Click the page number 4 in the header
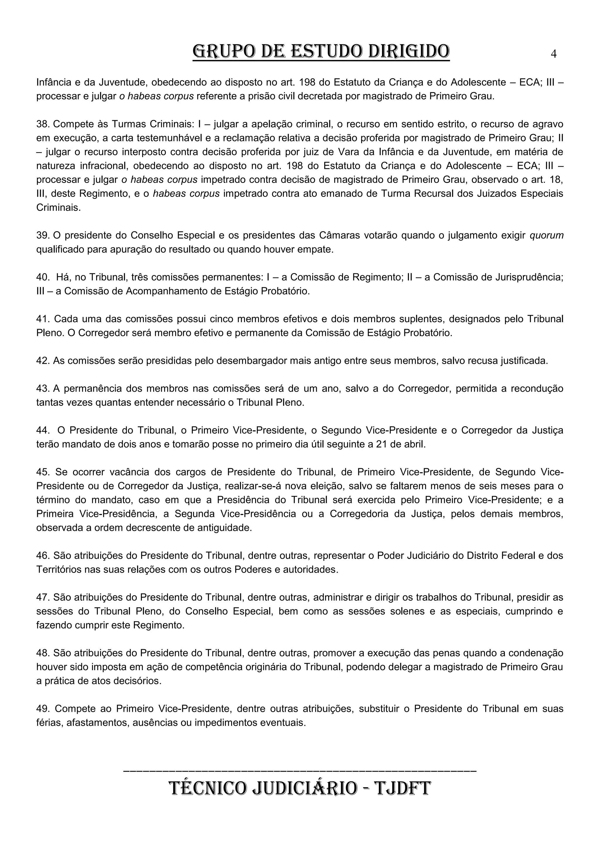point(553,54)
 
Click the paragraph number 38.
point(42,124)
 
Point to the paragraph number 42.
point(42,361)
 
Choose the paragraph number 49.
point(42,709)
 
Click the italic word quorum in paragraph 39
point(546,235)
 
